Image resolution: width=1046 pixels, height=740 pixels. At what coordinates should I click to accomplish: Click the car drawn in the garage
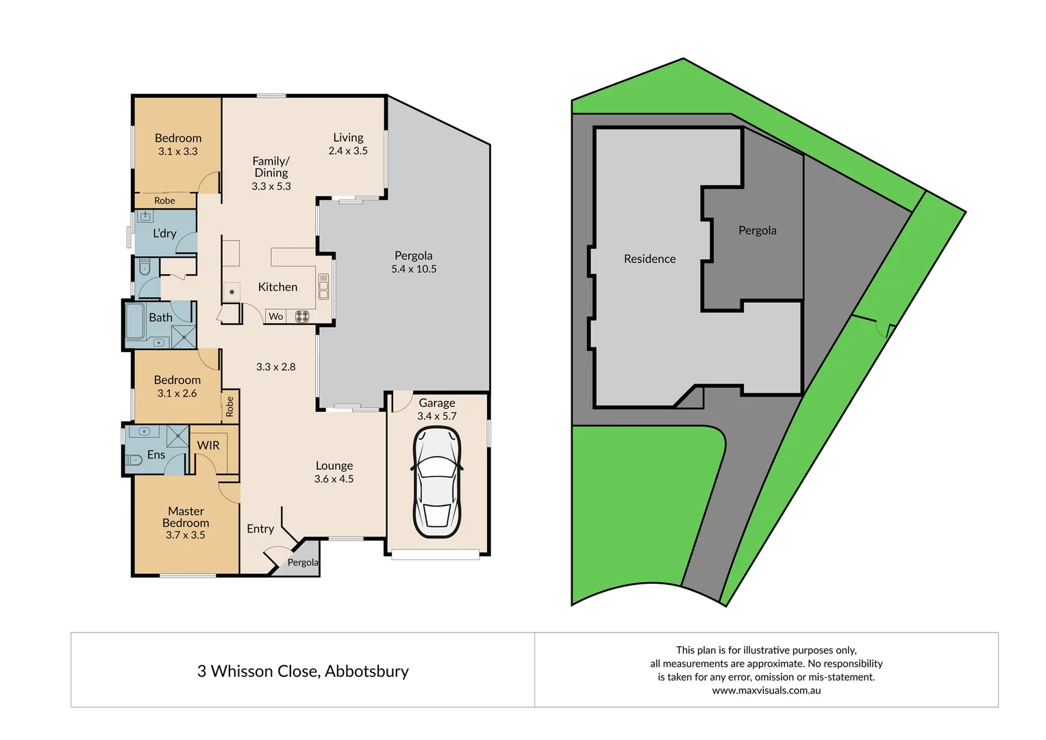pyautogui.click(x=436, y=482)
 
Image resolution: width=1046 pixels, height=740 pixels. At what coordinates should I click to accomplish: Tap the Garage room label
pyautogui.click(x=437, y=403)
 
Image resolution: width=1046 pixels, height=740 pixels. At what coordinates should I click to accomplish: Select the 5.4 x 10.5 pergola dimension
pyautogui.click(x=414, y=269)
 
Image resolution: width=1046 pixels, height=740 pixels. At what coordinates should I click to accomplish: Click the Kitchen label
pyautogui.click(x=277, y=287)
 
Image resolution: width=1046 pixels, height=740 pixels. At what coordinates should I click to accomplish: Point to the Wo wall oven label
pyautogui.click(x=275, y=317)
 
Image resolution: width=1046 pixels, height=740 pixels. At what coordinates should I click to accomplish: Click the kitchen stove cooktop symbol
pyautogui.click(x=302, y=317)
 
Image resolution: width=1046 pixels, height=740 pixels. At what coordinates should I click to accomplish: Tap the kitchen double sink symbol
pyautogui.click(x=323, y=286)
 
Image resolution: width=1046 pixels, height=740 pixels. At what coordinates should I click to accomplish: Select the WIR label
pyautogui.click(x=208, y=445)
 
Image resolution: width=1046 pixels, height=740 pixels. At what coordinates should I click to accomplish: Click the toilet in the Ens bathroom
pyautogui.click(x=134, y=460)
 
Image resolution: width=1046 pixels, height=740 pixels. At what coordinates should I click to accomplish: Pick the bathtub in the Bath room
pyautogui.click(x=135, y=321)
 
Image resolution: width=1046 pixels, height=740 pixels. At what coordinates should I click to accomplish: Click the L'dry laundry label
pyautogui.click(x=164, y=234)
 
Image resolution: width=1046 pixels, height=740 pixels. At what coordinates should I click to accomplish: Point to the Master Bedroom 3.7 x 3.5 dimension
pyautogui.click(x=185, y=535)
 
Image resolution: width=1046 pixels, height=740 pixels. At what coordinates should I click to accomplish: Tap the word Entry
pyautogui.click(x=260, y=529)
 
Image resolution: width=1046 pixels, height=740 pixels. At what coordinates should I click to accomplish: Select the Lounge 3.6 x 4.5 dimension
pyautogui.click(x=334, y=479)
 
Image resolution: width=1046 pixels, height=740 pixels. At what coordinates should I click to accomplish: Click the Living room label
pyautogui.click(x=348, y=138)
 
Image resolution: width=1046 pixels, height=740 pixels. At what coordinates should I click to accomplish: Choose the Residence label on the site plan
pyautogui.click(x=649, y=259)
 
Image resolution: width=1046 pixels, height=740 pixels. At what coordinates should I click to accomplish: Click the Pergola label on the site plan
pyautogui.click(x=757, y=230)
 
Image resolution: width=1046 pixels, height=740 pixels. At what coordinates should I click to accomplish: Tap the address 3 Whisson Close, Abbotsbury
pyautogui.click(x=303, y=671)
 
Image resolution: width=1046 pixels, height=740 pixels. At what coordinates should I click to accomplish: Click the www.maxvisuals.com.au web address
pyautogui.click(x=766, y=691)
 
